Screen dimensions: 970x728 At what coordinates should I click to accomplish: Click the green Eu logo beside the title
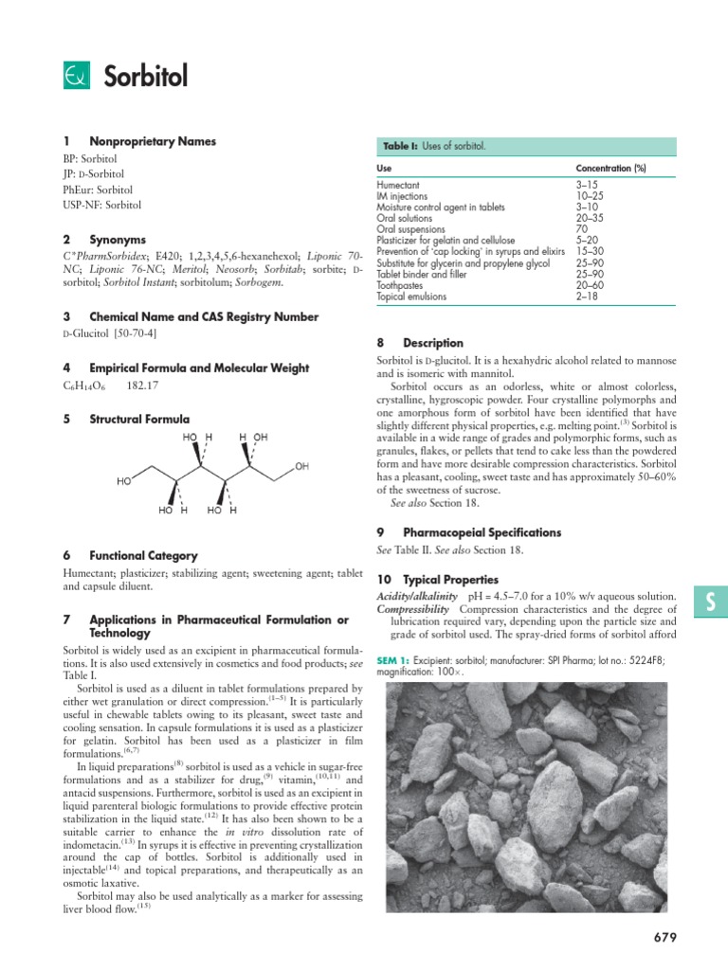[x=76, y=76]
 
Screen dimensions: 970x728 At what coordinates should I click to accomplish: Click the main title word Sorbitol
[x=143, y=76]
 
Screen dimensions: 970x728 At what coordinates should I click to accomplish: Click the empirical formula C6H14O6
[x=84, y=386]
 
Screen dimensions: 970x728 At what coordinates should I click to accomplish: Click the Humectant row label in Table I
[x=398, y=184]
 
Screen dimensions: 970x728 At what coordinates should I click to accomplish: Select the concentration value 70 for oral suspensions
[x=582, y=228]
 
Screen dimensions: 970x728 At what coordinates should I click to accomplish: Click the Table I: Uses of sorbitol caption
[x=434, y=147]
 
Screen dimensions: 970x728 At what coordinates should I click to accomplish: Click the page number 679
[x=665, y=938]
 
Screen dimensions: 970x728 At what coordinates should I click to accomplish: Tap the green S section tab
[x=710, y=601]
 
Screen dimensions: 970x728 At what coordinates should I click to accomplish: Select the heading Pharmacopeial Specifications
[x=482, y=532]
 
